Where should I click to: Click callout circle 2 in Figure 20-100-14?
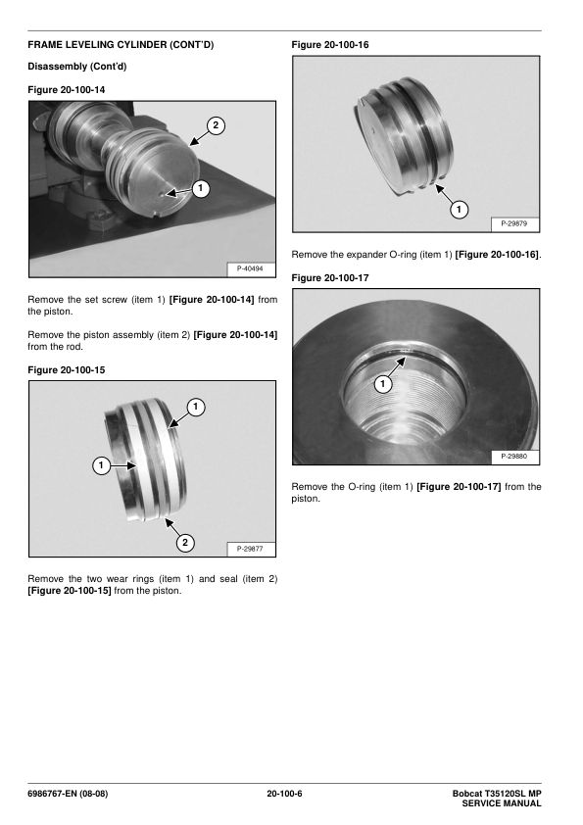(216, 125)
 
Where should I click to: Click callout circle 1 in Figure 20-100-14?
(201, 188)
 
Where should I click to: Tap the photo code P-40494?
(250, 268)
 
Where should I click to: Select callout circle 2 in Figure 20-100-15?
(184, 543)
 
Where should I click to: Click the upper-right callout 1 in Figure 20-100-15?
(196, 407)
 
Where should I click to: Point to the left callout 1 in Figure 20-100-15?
(101, 465)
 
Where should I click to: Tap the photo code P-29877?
(250, 549)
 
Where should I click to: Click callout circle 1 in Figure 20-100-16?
(459, 210)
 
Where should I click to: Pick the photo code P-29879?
(514, 223)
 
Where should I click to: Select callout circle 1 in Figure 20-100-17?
(382, 384)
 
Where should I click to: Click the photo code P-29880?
(514, 457)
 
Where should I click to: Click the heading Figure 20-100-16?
(330, 45)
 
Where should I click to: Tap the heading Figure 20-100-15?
(67, 370)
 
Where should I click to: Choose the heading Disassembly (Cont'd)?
(76, 67)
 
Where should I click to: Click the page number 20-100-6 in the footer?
(284, 794)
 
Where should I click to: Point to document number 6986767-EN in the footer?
(52, 794)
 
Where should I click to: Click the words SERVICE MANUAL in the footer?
(502, 803)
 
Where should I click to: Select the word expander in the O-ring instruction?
(366, 255)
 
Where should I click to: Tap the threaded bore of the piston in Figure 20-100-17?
(405, 400)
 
